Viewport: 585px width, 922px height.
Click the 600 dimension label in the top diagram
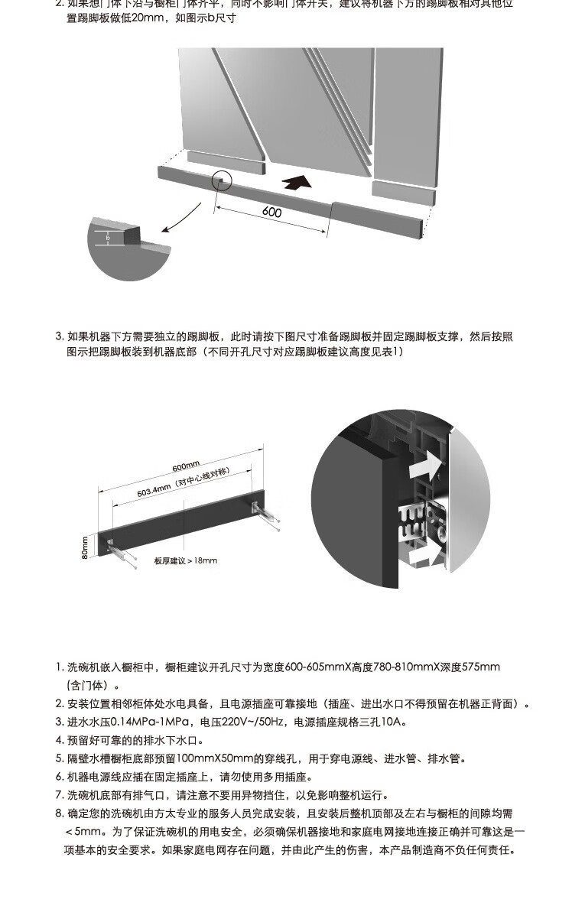point(271,212)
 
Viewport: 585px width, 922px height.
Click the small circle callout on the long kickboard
point(220,180)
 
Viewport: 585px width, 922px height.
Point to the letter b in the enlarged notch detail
point(108,238)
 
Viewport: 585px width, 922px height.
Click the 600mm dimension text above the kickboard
point(186,466)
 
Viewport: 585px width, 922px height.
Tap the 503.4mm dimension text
point(182,483)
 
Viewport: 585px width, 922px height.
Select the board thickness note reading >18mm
point(185,560)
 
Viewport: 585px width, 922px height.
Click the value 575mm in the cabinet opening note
point(481,667)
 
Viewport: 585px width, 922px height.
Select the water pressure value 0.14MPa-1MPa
point(151,722)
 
